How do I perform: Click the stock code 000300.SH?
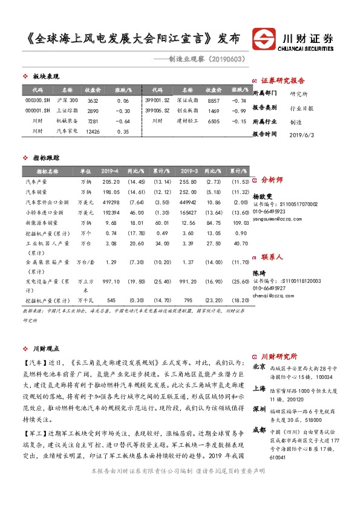tap(37, 100)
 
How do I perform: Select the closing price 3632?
tap(93, 100)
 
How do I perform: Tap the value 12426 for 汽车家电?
tap(93, 131)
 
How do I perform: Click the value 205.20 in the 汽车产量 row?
tap(111, 181)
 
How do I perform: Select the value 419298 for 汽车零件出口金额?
tap(111, 201)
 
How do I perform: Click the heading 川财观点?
tap(46, 349)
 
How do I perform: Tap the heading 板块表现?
tap(46, 77)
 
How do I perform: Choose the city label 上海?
tap(258, 389)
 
